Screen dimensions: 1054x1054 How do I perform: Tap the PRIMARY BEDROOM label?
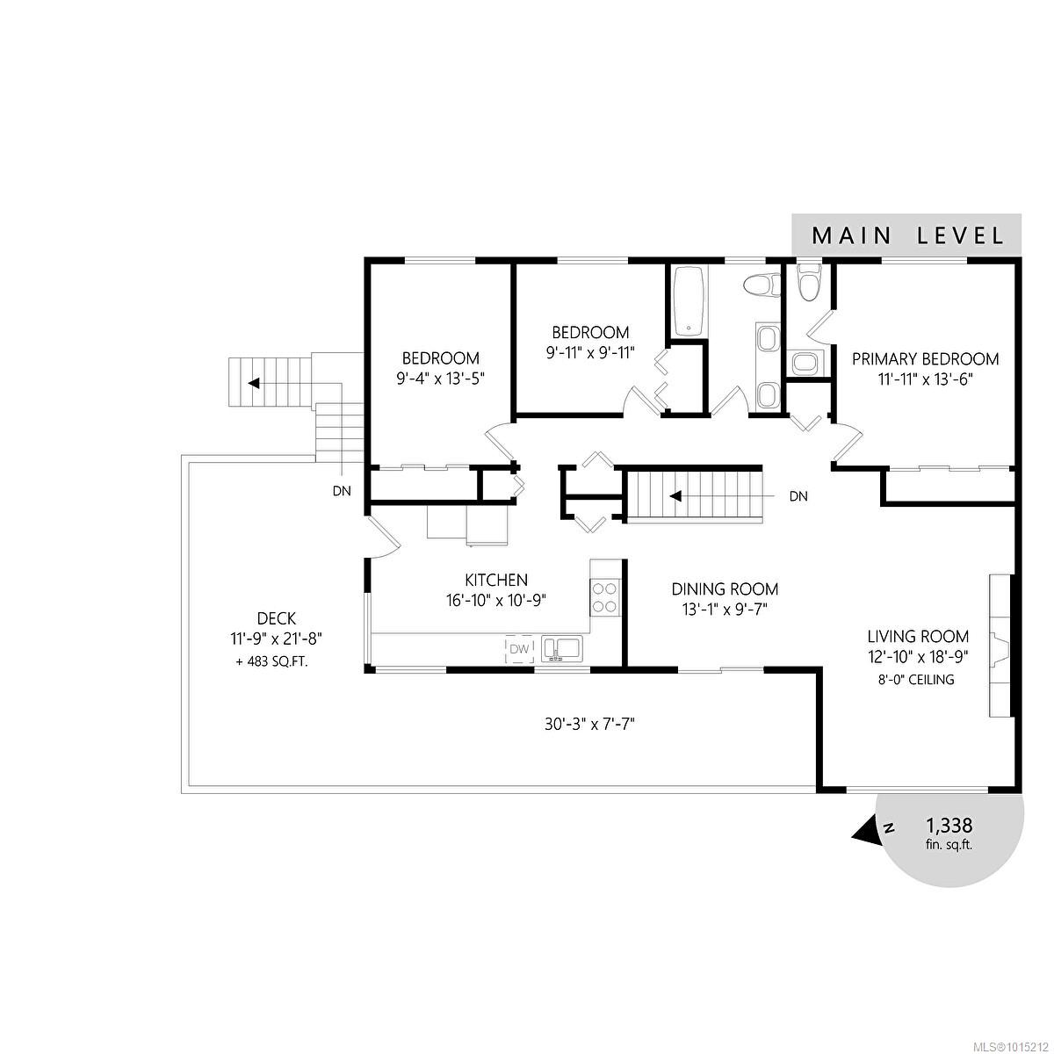(x=925, y=359)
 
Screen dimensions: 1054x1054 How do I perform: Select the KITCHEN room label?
(x=496, y=581)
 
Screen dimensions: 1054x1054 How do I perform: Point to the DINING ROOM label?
(x=725, y=589)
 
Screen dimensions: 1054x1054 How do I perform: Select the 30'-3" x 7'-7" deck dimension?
(x=588, y=725)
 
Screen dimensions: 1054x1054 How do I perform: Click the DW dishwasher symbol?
(x=520, y=649)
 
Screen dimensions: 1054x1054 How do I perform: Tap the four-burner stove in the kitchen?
(x=605, y=597)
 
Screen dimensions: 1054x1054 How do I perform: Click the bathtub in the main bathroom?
(x=689, y=300)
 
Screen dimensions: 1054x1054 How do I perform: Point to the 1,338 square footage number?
(x=949, y=826)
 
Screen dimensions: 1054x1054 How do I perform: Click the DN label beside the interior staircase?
(x=798, y=496)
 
